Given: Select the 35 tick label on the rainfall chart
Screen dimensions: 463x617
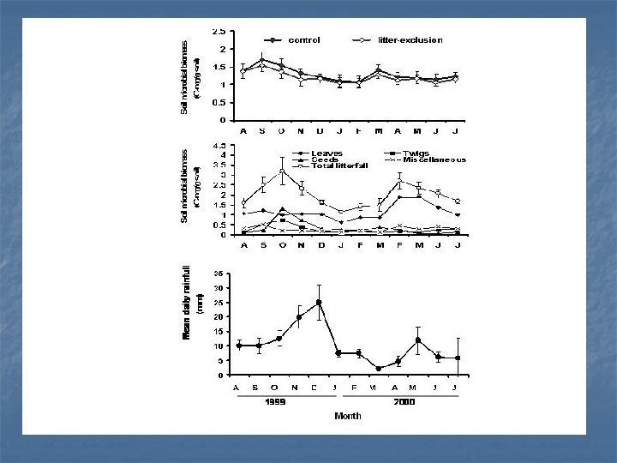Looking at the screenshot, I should pos(219,273).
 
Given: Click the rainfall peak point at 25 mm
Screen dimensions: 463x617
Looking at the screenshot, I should pos(319,302).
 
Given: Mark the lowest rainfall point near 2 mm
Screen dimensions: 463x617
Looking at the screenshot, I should pos(378,369).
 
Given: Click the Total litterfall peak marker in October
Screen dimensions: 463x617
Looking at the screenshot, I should pos(282,171).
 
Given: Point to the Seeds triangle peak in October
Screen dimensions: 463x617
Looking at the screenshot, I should pos(282,208).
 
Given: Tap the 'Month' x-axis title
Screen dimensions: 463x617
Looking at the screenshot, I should pos(348,416).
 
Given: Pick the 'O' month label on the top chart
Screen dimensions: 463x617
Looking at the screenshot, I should pos(282,131).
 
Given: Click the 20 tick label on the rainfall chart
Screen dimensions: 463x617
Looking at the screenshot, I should pos(219,316).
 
